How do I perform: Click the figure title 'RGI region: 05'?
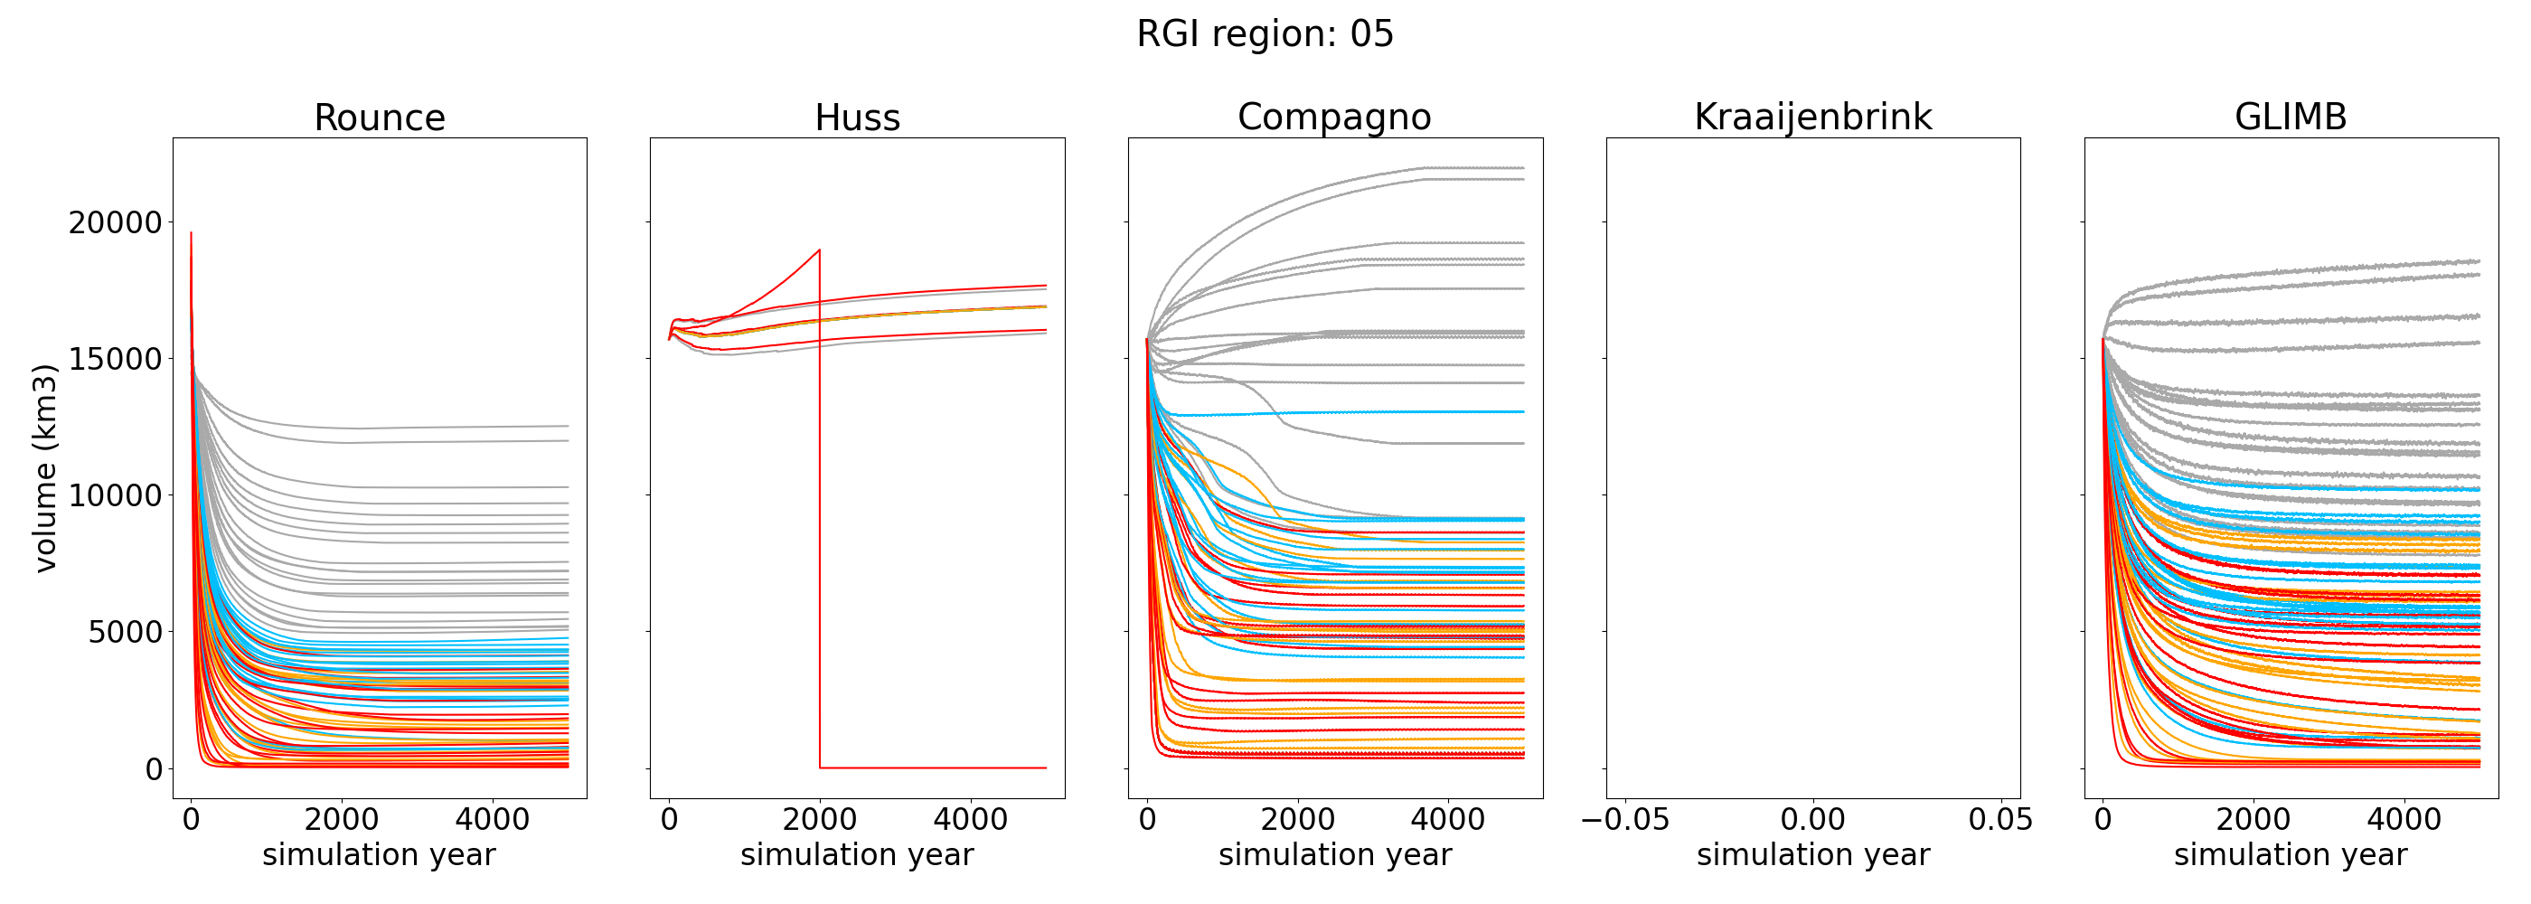point(1265,34)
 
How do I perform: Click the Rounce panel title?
point(380,118)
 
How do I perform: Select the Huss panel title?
point(857,118)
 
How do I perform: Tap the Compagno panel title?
point(1334,117)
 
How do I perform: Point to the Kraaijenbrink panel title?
point(1812,117)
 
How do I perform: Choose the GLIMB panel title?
point(2291,117)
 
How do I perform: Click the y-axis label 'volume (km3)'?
point(45,467)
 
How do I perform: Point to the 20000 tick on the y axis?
point(115,223)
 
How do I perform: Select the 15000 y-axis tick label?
point(115,360)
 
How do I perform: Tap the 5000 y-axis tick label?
point(125,633)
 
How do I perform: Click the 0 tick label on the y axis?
point(154,769)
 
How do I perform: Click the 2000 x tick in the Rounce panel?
point(341,820)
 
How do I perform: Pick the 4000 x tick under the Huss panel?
point(970,820)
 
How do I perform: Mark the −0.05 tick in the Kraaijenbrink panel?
point(1625,820)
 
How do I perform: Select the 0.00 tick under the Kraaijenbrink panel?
point(1812,820)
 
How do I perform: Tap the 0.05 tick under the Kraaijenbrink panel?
point(2000,820)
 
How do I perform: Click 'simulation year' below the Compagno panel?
point(1334,855)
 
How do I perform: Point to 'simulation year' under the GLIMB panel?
point(2291,855)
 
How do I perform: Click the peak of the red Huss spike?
point(820,250)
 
